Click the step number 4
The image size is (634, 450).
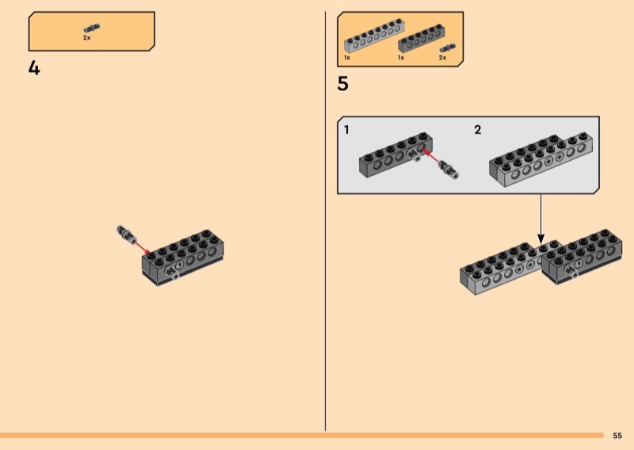34,68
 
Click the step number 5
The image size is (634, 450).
342,84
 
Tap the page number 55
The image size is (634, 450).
617,436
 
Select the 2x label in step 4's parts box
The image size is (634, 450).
87,37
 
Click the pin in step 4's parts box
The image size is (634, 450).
92,28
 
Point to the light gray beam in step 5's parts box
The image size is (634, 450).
374,36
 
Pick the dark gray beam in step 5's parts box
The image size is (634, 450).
422,39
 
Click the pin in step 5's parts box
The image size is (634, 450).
448,48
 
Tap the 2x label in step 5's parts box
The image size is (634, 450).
443,58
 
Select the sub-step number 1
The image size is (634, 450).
346,130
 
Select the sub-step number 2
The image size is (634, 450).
478,130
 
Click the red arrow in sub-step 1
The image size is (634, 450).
431,155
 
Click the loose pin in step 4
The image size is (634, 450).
125,233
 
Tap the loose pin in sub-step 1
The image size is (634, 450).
449,170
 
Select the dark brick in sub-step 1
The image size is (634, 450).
395,154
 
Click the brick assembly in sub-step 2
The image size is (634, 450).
541,159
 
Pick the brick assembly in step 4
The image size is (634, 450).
183,257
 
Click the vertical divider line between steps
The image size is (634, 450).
325,221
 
